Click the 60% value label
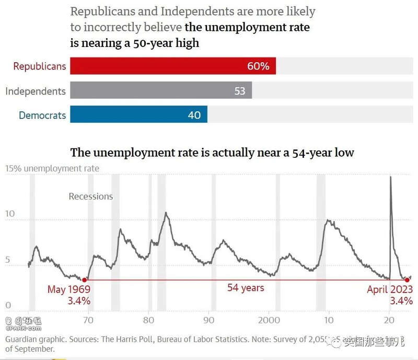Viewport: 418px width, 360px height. click(x=258, y=66)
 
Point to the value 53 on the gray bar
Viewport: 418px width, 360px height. click(x=240, y=91)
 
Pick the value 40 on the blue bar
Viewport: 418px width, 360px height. click(x=194, y=115)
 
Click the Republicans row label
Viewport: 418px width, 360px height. click(x=40, y=66)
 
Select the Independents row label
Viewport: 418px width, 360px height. click(x=36, y=91)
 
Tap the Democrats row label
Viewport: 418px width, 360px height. click(x=42, y=115)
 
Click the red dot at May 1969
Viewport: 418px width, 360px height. click(x=85, y=280)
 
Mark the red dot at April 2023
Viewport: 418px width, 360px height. click(x=407, y=280)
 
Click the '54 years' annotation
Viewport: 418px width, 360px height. click(x=246, y=288)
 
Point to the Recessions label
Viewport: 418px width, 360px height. click(x=91, y=196)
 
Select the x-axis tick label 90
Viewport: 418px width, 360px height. click(x=210, y=320)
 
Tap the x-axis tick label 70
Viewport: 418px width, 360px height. click(x=89, y=320)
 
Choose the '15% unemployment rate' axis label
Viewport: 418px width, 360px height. click(x=52, y=168)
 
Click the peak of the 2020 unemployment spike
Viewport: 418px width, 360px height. click(x=390, y=177)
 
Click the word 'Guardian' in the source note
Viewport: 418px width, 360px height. click(x=22, y=339)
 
